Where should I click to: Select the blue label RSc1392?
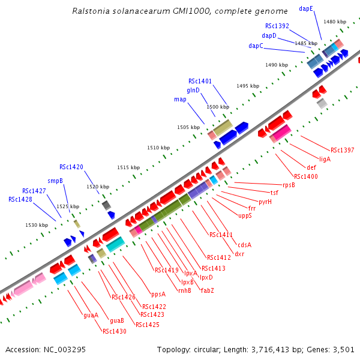[x=277, y=26]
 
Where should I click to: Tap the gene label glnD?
[x=193, y=90]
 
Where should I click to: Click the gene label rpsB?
[x=289, y=185]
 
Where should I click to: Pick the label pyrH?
[x=265, y=202]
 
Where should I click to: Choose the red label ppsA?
[x=158, y=294]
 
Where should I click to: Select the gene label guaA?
[x=91, y=314]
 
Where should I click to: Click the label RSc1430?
[x=114, y=331]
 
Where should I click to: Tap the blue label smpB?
[x=55, y=181]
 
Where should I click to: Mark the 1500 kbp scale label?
[x=214, y=107]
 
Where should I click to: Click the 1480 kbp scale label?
[x=335, y=22]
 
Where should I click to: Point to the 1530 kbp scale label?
[x=37, y=225]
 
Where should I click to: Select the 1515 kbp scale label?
[x=128, y=168]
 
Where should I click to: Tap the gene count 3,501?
[x=344, y=349]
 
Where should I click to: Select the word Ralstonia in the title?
[x=90, y=11]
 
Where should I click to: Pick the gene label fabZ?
[x=208, y=290]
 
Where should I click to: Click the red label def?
[x=311, y=167]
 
